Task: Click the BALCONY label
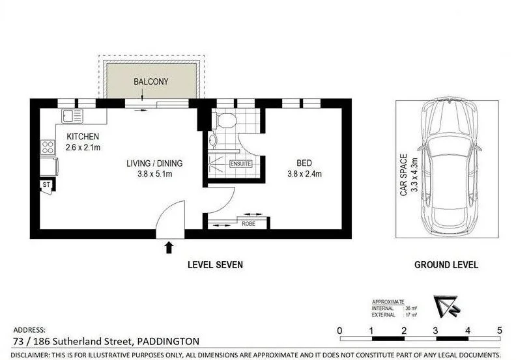pyautogui.click(x=151, y=82)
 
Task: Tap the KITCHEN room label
pyautogui.click(x=83, y=137)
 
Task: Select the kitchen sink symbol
pyautogui.click(x=72, y=116)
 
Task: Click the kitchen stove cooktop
pyautogui.click(x=48, y=147)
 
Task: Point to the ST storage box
pyautogui.click(x=47, y=186)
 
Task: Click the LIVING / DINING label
pyautogui.click(x=154, y=163)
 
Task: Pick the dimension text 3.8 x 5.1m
pyautogui.click(x=154, y=174)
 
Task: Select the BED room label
pyautogui.click(x=304, y=163)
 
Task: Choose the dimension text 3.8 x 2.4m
pyautogui.click(x=304, y=174)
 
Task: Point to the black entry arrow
pyautogui.click(x=169, y=247)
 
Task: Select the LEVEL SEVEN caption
pyautogui.click(x=215, y=265)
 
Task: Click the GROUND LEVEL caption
pyautogui.click(x=446, y=265)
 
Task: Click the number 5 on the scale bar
pyautogui.click(x=499, y=331)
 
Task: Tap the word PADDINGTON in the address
pyautogui.click(x=168, y=340)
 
